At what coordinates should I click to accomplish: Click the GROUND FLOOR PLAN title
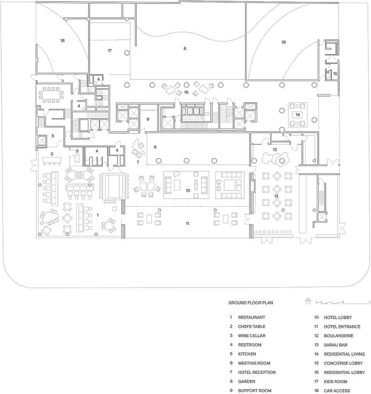pyautogui.click(x=251, y=303)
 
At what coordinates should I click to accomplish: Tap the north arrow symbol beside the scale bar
pyautogui.click(x=308, y=301)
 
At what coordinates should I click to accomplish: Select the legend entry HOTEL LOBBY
pyautogui.click(x=338, y=317)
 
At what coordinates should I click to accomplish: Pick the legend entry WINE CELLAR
pyautogui.click(x=252, y=336)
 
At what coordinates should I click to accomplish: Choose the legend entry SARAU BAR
pyautogui.click(x=335, y=345)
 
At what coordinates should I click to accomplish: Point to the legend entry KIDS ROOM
pyautogui.click(x=335, y=381)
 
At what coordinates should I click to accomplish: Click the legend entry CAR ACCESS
pyautogui.click(x=337, y=391)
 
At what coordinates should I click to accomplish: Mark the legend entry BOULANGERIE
pyautogui.click(x=339, y=336)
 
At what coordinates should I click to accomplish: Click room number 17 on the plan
pyautogui.click(x=110, y=51)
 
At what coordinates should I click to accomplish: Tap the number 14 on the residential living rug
pyautogui.click(x=298, y=115)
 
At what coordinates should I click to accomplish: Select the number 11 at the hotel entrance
pyautogui.click(x=187, y=223)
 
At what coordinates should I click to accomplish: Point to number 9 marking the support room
pyautogui.click(x=148, y=119)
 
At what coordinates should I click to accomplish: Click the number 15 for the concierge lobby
pyautogui.click(x=335, y=74)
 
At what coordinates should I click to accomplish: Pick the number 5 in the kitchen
pyautogui.click(x=53, y=136)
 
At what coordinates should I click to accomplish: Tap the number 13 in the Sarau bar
pyautogui.click(x=275, y=149)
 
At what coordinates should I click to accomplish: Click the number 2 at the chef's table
pyautogui.click(x=52, y=154)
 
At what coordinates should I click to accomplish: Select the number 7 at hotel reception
pyautogui.click(x=138, y=162)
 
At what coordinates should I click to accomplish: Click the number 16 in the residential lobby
pyautogui.click(x=186, y=92)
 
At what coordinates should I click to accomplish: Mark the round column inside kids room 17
pyautogui.click(x=127, y=53)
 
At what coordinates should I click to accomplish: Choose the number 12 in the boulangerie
pyautogui.click(x=276, y=196)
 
